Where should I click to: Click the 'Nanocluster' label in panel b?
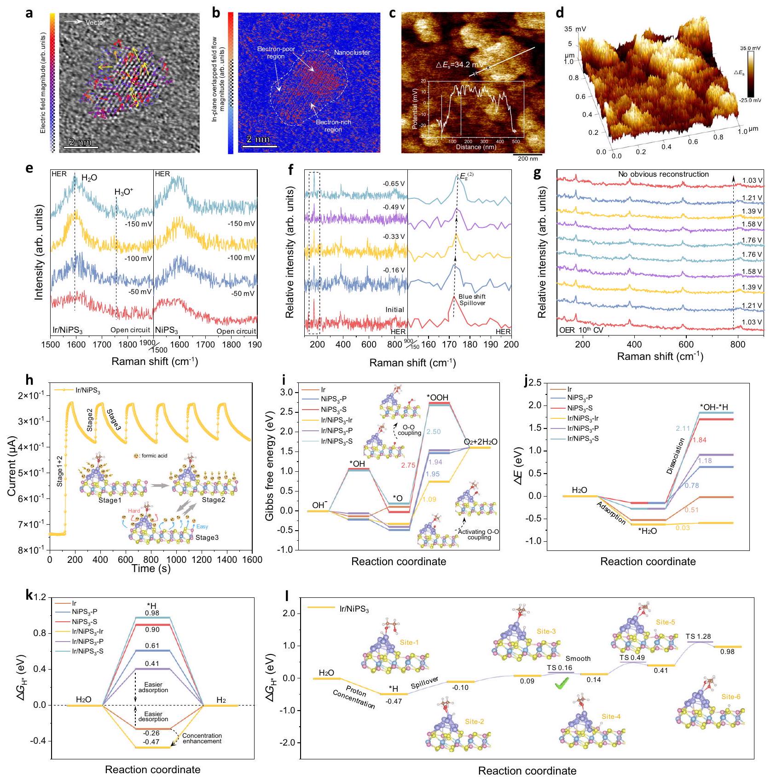[352, 52]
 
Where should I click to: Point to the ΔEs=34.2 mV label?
[459, 65]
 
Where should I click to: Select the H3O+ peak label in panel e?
[124, 192]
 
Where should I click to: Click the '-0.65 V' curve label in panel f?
[394, 184]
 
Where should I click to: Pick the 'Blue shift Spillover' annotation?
[472, 300]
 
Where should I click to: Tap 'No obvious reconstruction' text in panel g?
[663, 174]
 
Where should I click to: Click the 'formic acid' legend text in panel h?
[152, 456]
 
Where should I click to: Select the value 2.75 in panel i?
[408, 465]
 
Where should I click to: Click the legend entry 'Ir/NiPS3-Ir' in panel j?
[583, 418]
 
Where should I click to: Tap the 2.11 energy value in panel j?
[683, 428]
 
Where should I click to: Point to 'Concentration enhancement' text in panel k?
[202, 738]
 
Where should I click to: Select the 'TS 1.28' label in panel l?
[698, 636]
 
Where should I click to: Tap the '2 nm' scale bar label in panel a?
[81, 142]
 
